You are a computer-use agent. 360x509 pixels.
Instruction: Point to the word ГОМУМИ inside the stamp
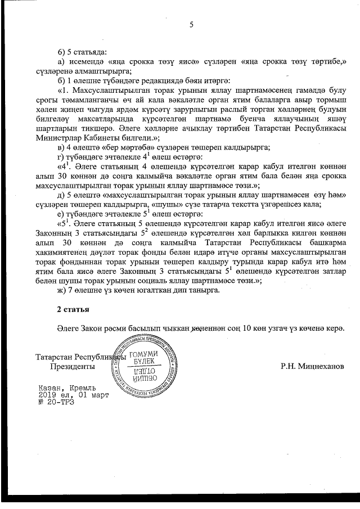(144, 354)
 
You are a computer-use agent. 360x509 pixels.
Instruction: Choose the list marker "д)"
(62, 195)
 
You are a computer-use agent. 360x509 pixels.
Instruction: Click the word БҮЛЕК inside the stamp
(145, 363)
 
